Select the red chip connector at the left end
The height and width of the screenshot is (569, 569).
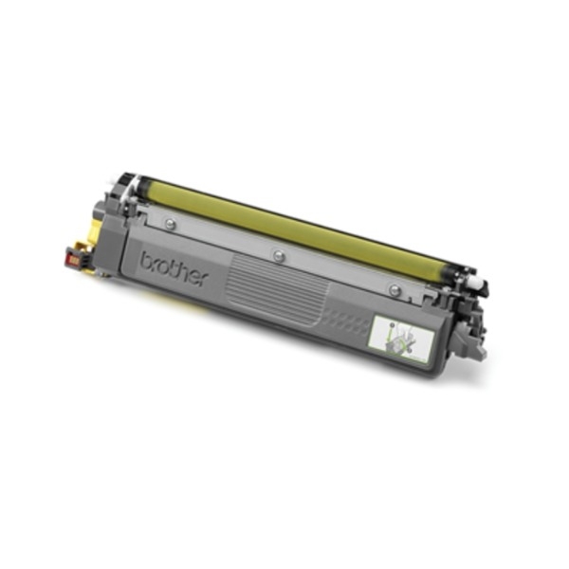click(x=73, y=258)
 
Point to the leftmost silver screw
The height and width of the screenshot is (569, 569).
click(x=170, y=224)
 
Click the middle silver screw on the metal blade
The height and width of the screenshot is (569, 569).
click(x=278, y=255)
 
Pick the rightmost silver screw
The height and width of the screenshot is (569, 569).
click(x=394, y=289)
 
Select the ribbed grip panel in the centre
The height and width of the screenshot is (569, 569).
click(x=277, y=287)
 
